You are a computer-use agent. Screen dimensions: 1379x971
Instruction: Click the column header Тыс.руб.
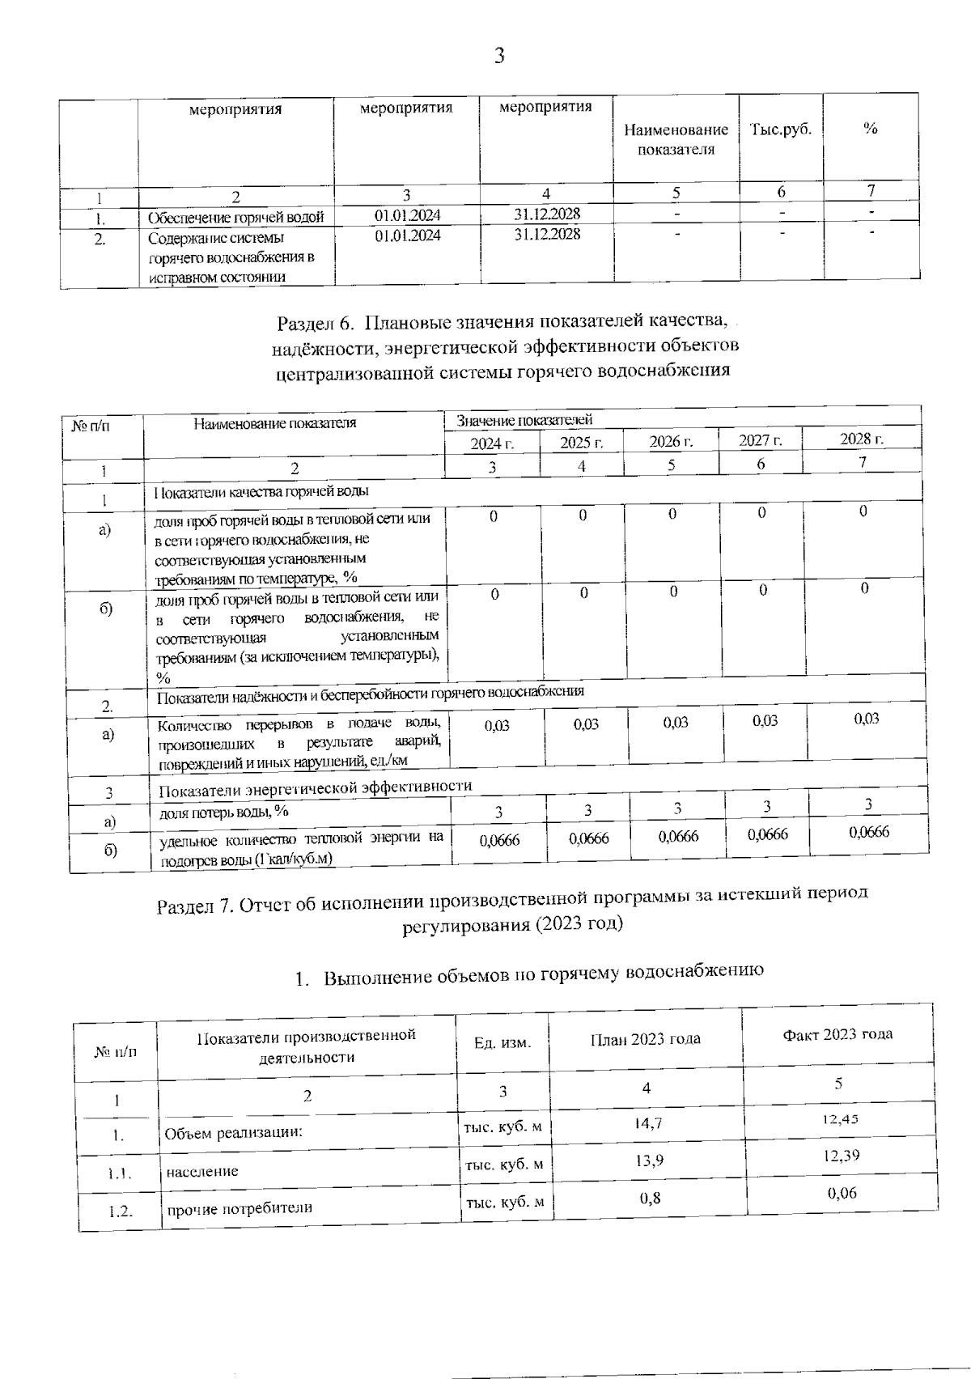tap(780, 129)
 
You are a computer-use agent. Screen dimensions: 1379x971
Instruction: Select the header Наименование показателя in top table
tap(676, 139)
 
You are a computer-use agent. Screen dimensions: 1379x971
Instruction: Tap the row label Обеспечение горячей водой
tap(235, 218)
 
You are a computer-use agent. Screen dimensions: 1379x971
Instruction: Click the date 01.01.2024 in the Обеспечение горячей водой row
tap(408, 215)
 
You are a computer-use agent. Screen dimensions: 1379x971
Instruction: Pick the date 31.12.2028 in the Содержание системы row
tap(547, 234)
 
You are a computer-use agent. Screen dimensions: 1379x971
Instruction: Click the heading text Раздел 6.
tap(315, 322)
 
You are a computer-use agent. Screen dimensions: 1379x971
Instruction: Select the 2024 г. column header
tap(492, 443)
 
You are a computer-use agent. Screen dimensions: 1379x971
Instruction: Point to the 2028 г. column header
tap(861, 439)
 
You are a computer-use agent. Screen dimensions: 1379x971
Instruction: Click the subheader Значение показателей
tap(524, 420)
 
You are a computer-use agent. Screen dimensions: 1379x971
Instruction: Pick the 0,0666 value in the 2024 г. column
tap(499, 841)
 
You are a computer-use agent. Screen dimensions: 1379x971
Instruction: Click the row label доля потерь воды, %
tap(223, 811)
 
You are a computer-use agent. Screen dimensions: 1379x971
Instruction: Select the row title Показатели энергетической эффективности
tap(315, 787)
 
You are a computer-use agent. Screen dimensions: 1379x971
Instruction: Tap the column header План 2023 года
tap(645, 1039)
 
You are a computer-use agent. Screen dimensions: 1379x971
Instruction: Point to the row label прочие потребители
tap(240, 1209)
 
